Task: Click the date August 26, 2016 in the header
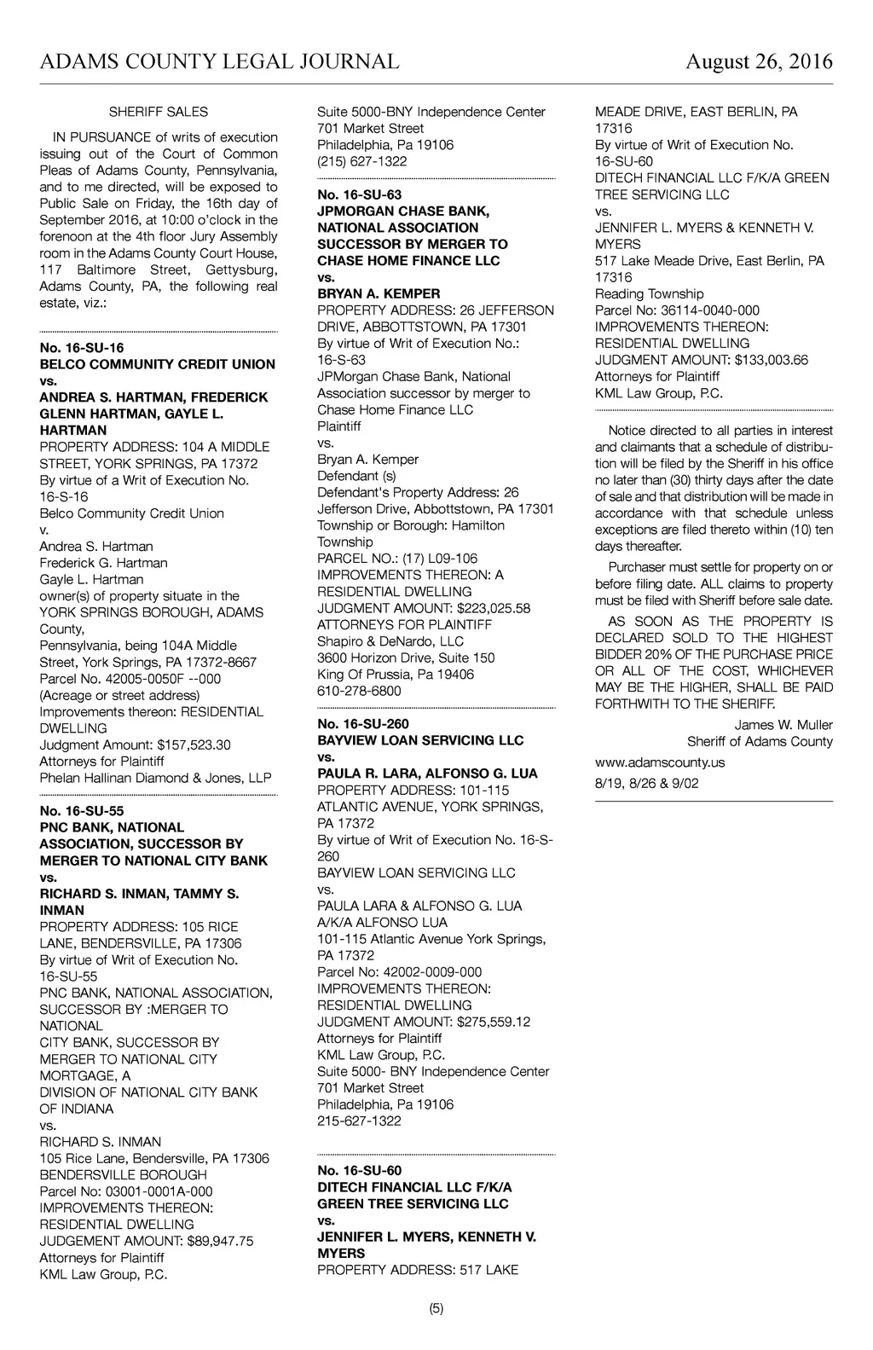click(759, 61)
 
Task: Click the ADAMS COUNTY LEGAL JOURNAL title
click(219, 61)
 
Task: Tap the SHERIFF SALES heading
click(159, 112)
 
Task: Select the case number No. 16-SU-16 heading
click(82, 348)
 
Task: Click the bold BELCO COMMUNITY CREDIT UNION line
click(158, 364)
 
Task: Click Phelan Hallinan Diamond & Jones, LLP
click(156, 778)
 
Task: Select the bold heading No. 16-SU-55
click(82, 811)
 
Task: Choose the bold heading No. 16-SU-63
click(359, 194)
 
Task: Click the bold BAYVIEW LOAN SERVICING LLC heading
click(420, 740)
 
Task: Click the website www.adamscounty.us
click(660, 762)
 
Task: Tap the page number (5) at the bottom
click(436, 1309)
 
